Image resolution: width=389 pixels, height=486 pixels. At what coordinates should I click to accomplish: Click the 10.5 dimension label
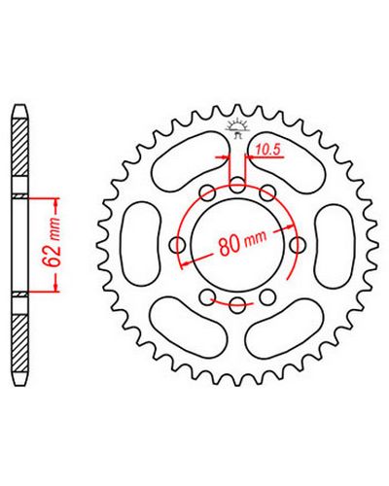click(x=267, y=150)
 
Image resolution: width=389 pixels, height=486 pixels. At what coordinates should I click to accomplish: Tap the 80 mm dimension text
click(x=243, y=242)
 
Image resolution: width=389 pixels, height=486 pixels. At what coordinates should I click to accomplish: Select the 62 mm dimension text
click(x=52, y=243)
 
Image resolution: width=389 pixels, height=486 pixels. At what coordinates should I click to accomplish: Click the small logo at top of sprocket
click(x=236, y=128)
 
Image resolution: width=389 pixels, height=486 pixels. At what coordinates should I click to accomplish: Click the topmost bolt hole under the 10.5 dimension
click(x=237, y=185)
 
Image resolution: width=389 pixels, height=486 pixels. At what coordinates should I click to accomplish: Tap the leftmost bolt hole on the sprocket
click(x=178, y=244)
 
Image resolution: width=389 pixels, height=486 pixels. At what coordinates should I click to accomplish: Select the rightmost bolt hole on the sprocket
click(x=298, y=245)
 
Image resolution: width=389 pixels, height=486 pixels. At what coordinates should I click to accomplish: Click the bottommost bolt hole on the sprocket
click(x=237, y=305)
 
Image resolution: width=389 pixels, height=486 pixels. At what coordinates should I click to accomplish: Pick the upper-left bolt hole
click(x=207, y=193)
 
